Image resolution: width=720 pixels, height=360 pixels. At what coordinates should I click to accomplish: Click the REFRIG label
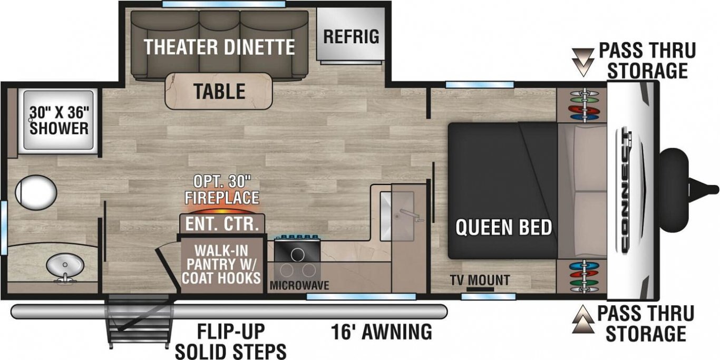point(351,37)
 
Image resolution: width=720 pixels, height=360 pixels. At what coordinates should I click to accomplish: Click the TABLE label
point(220,91)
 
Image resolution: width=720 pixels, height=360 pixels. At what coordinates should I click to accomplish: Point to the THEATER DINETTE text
point(219,47)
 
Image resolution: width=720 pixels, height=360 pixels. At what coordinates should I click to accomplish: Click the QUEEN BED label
point(504,227)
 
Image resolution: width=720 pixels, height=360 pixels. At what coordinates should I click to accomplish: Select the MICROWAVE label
point(299,286)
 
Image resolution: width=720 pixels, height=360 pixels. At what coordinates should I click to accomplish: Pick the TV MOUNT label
point(480,280)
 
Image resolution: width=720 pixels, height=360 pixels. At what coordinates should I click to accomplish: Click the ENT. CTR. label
point(222,224)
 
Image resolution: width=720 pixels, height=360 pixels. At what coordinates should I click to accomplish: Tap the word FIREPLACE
point(222,197)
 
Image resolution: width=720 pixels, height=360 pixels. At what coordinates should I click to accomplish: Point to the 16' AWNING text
point(382,332)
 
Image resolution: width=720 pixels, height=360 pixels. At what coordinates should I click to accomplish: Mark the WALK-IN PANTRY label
point(221,264)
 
